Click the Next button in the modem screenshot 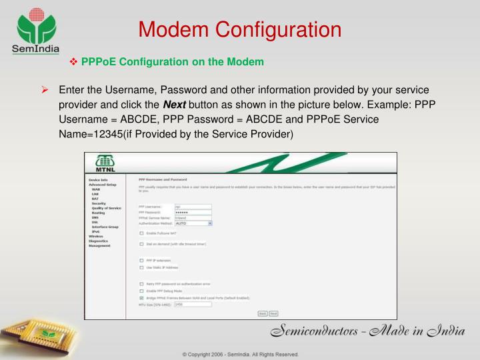pos(273,313)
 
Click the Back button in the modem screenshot pos(263,313)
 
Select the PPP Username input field pos(193,207)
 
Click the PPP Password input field pos(193,212)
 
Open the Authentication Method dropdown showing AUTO pos(193,223)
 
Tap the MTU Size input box pos(193,304)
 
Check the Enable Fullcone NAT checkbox pos(141,233)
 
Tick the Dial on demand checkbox pos(141,244)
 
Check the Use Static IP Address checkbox pos(141,267)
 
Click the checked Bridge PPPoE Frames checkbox pos(141,297)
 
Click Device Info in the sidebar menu pos(98,179)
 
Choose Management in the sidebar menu pos(100,246)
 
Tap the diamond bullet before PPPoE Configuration pos(74,62)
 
